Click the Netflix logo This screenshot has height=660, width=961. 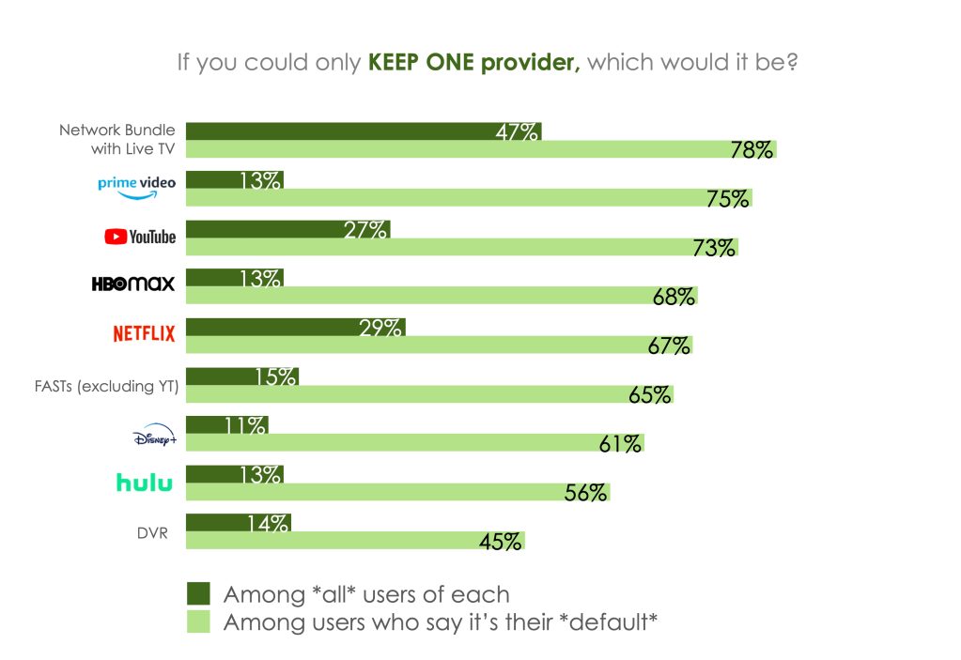[144, 333]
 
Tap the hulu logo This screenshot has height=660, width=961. [144, 482]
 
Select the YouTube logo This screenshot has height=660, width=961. [140, 237]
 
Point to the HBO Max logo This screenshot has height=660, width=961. [133, 284]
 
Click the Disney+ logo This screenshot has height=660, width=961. [154, 437]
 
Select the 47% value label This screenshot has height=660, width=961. [517, 131]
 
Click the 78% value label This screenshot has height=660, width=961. [752, 149]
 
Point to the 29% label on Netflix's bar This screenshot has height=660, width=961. [381, 328]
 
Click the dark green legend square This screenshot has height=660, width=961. [197, 593]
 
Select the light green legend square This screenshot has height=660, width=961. [197, 621]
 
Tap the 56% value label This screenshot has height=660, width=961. [585, 492]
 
